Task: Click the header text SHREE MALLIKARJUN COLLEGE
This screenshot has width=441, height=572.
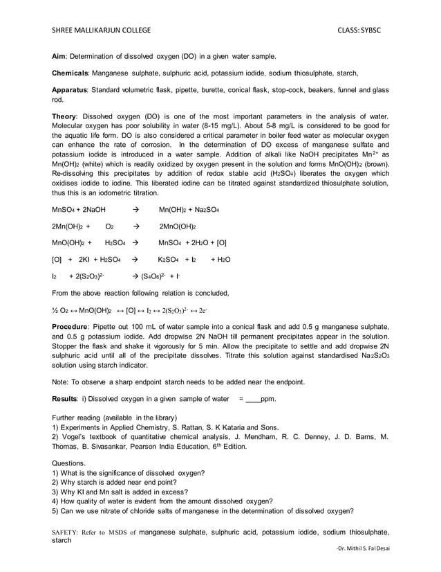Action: click(100, 31)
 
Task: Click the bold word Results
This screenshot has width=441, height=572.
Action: click(68, 399)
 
